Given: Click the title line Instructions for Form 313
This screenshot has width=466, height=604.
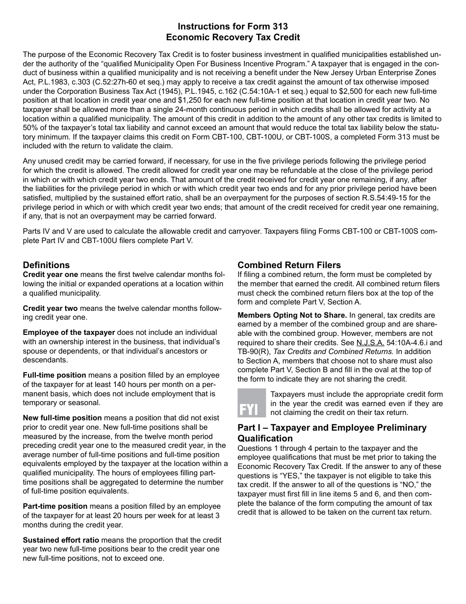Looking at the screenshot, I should coord(233,27).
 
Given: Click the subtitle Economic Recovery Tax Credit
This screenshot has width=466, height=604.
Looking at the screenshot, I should coord(233,37).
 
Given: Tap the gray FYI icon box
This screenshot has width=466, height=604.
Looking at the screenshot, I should coord(251,403).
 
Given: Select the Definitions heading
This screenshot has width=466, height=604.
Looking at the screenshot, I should coord(46,265).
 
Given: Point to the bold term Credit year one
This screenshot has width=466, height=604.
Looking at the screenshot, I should coord(50,275).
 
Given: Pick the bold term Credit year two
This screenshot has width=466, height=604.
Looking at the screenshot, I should coord(50,308).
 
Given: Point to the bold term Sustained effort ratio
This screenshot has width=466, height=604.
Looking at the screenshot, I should coord(61,540).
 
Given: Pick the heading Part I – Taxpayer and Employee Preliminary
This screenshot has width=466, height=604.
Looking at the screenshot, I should coord(332,428).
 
